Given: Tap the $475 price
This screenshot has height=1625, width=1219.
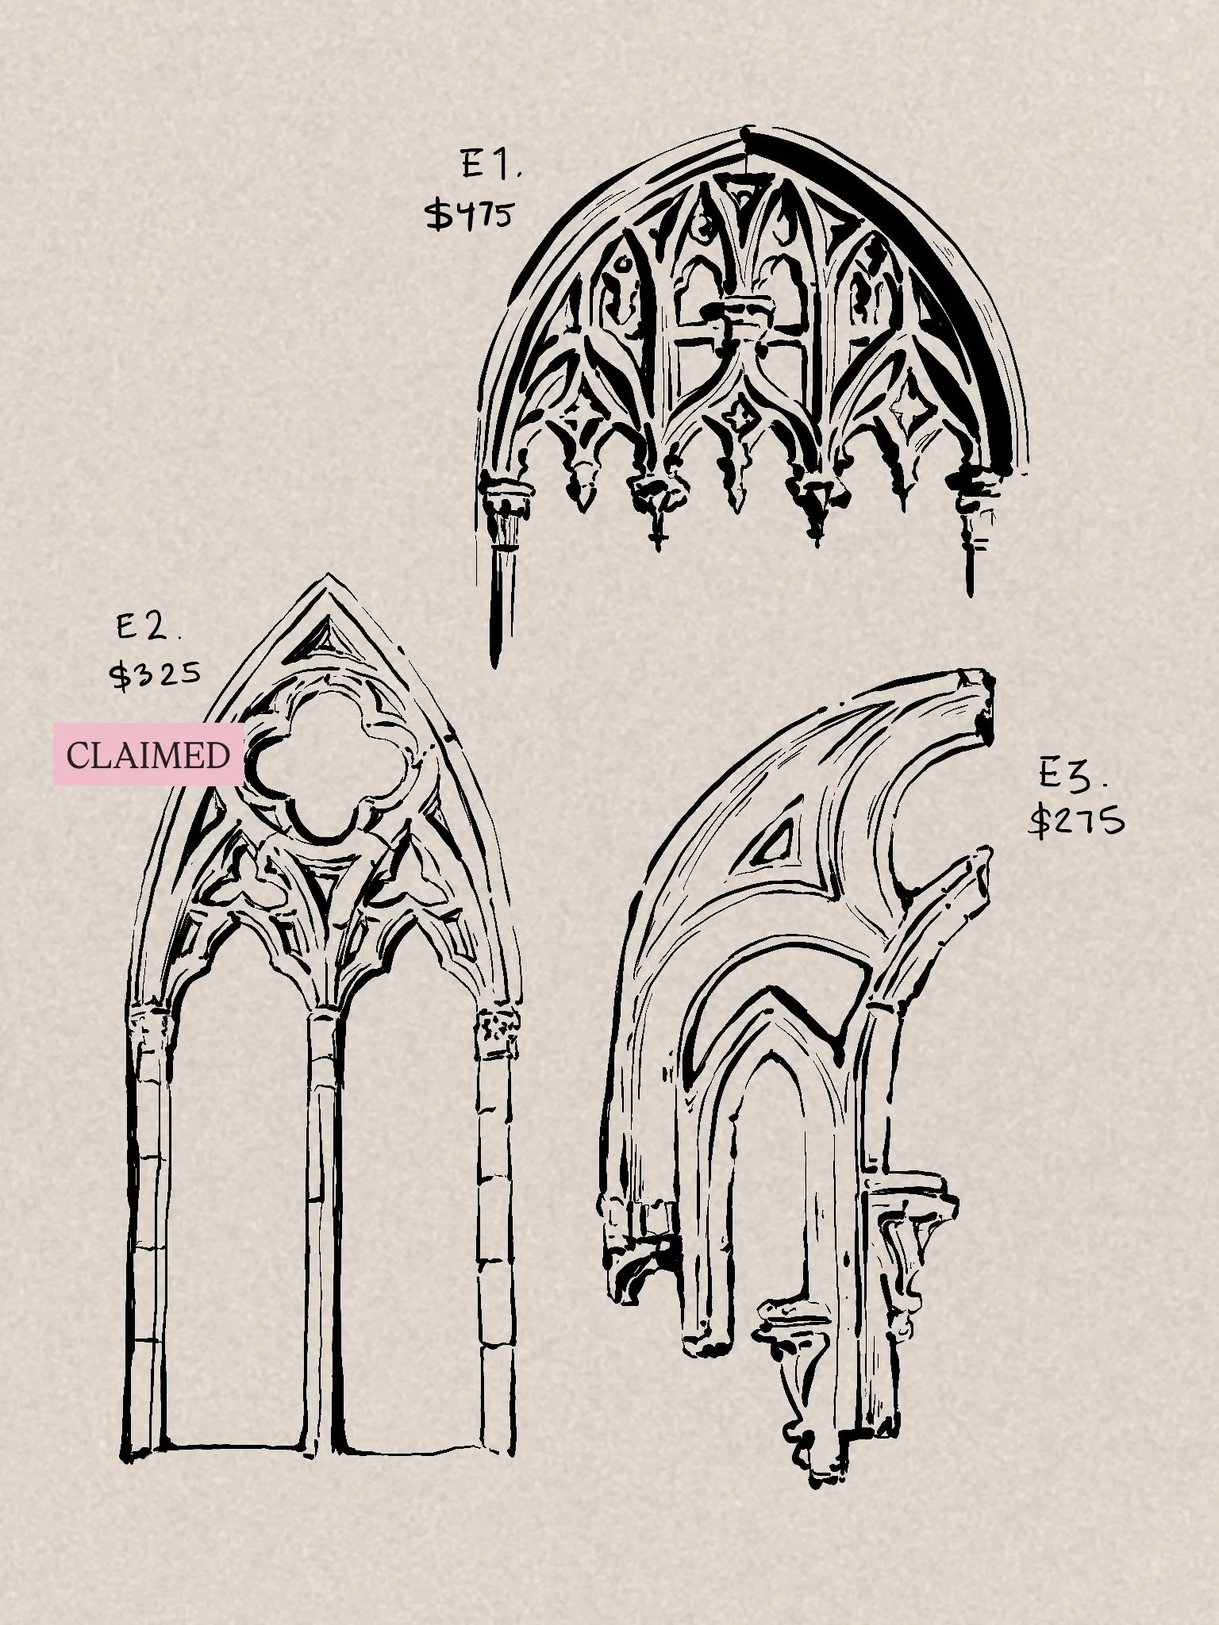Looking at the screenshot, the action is point(469,214).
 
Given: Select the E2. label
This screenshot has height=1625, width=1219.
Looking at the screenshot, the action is point(148,628).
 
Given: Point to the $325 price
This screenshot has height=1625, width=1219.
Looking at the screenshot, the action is point(155,675).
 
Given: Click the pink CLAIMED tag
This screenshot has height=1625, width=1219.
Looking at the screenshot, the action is point(148,755).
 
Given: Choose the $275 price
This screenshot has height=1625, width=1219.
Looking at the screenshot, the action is point(1076,820).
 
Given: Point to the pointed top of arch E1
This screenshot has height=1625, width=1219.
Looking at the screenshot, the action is point(747,130).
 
